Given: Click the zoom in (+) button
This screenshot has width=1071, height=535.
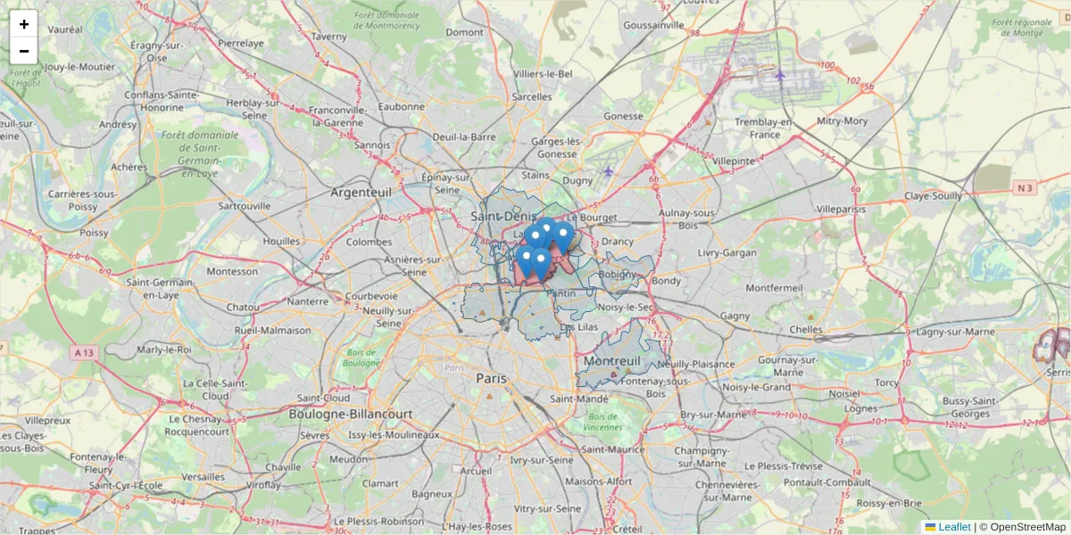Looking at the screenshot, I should (24, 24).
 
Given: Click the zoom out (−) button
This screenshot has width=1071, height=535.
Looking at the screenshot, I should (24, 51).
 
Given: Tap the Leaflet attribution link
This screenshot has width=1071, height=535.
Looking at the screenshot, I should (953, 527).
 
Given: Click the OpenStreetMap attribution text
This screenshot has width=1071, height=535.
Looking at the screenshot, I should (1027, 527).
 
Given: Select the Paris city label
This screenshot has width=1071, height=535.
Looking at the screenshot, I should (491, 378).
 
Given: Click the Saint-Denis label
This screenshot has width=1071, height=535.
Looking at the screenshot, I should (503, 216).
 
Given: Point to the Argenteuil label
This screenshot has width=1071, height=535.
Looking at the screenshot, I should (362, 192).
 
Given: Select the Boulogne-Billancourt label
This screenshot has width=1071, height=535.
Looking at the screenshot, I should (350, 415).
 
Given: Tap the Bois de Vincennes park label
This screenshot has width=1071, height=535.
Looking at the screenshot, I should (603, 422).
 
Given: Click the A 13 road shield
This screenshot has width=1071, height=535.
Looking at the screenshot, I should (84, 352).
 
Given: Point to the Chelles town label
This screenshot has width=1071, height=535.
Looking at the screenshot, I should (806, 329).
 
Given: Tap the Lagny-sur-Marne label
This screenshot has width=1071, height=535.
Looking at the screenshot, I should (957, 332).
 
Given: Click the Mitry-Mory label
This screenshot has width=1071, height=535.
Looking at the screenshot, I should (842, 121).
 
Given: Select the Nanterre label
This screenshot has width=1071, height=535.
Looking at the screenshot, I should (308, 301).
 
